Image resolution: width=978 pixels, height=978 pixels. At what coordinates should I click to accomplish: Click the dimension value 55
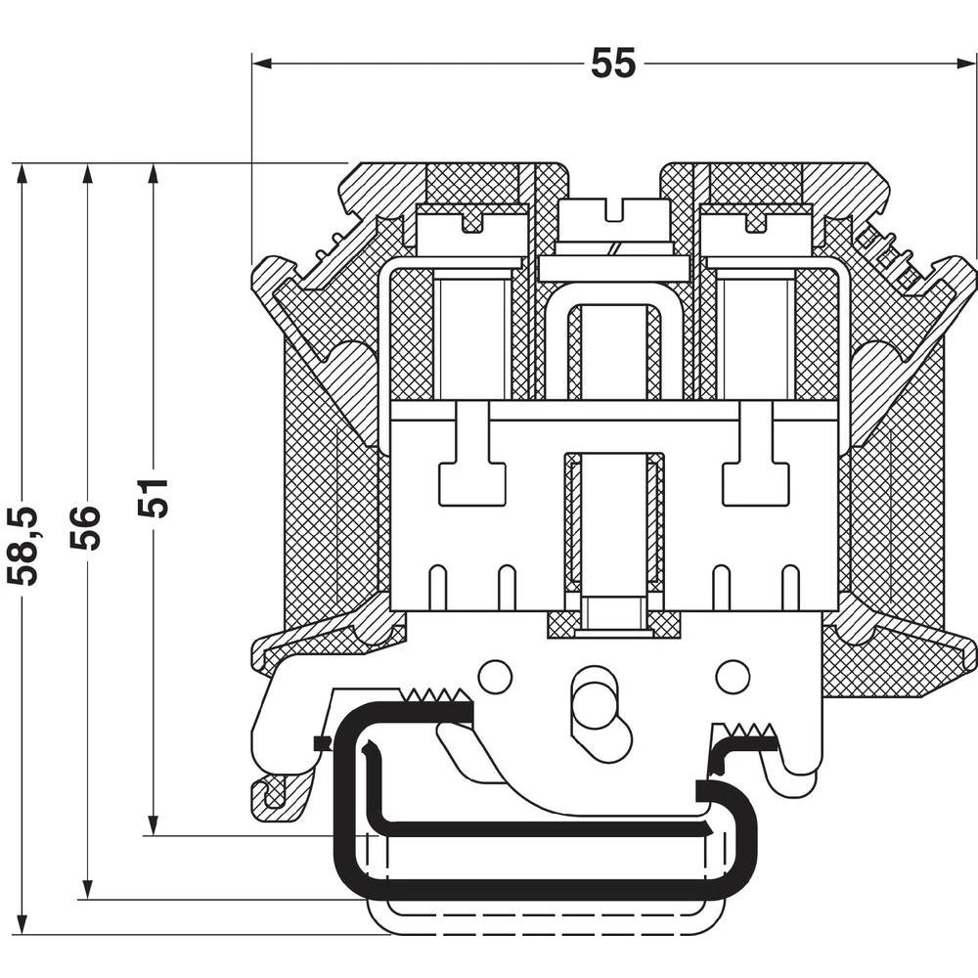613,64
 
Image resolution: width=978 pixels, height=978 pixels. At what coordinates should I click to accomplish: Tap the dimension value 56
87,527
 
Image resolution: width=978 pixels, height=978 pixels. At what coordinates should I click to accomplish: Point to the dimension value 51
154,498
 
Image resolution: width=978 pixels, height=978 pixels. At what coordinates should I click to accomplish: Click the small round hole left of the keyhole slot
496,676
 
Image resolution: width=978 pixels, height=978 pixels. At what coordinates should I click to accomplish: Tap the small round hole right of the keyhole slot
732,676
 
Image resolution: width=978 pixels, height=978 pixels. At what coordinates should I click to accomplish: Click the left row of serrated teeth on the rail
437,696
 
